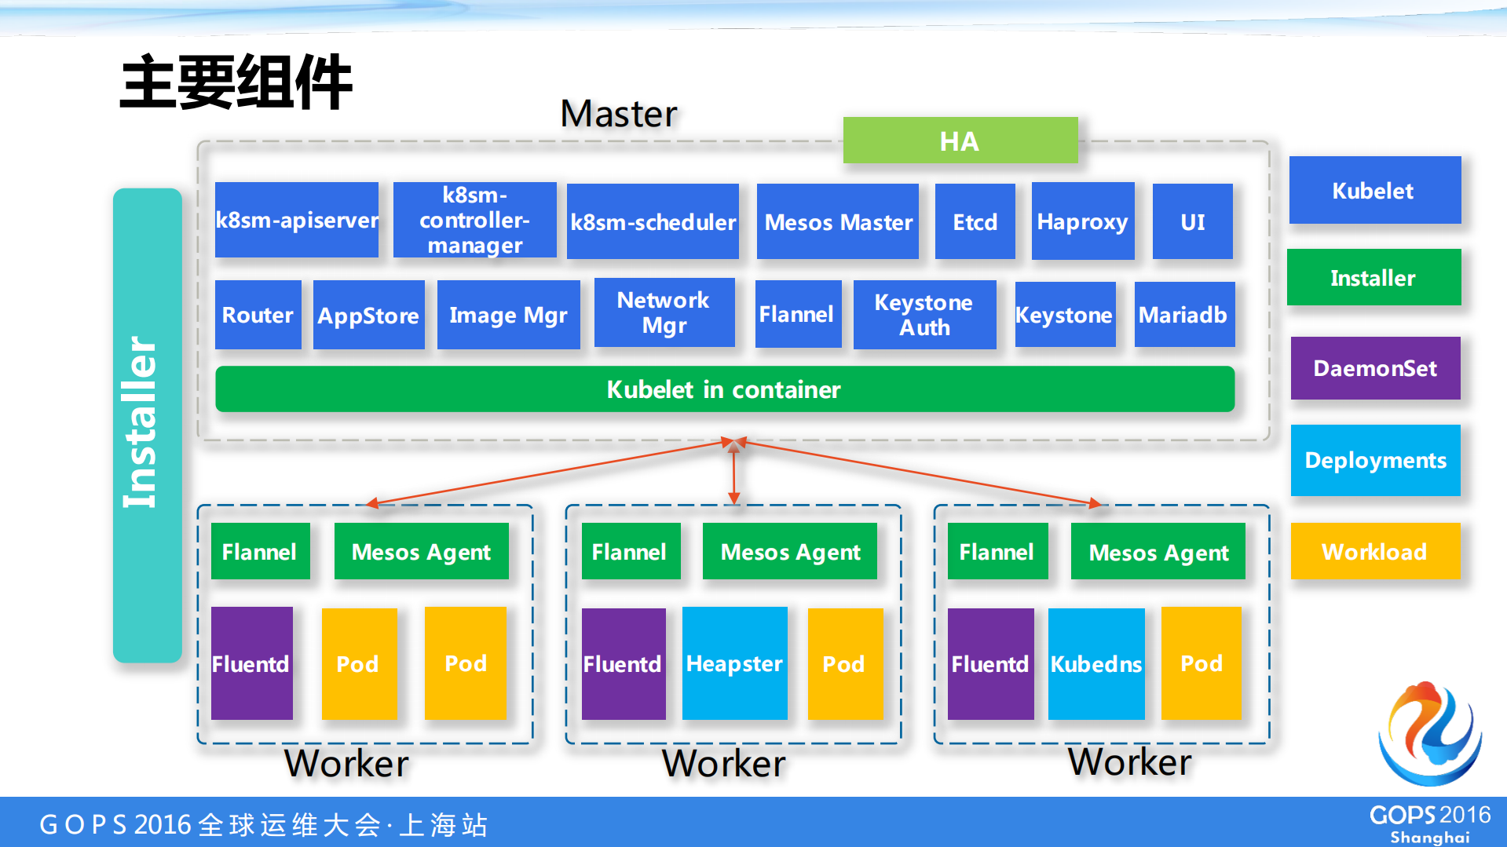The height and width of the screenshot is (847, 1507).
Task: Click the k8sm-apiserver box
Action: pyautogui.click(x=296, y=221)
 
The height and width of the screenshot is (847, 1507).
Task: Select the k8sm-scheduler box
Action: pyautogui.click(x=653, y=222)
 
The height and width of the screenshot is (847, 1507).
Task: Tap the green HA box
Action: pyautogui.click(x=960, y=141)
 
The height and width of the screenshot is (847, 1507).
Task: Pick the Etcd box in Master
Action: pyautogui.click(x=975, y=222)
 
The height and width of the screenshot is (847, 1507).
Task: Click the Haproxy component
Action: pyautogui.click(x=1082, y=222)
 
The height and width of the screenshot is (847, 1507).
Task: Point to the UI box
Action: pyautogui.click(x=1192, y=222)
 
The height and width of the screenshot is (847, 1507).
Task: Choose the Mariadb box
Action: pyautogui.click(x=1183, y=315)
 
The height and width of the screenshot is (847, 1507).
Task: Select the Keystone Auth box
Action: pyautogui.click(x=924, y=315)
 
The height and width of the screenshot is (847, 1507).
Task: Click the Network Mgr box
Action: pyautogui.click(x=664, y=312)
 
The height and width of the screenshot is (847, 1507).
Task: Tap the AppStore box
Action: pyautogui.click(x=368, y=315)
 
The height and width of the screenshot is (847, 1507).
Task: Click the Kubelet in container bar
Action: pyautogui.click(x=724, y=389)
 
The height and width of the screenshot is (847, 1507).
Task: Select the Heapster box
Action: pyautogui.click(x=734, y=663)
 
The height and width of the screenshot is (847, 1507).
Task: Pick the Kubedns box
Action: pyautogui.click(x=1096, y=663)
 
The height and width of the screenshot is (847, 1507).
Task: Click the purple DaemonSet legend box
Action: pyautogui.click(x=1375, y=368)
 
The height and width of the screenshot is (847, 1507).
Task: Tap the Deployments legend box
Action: pyautogui.click(x=1375, y=460)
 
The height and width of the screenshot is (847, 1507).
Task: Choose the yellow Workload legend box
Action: pyautogui.click(x=1375, y=551)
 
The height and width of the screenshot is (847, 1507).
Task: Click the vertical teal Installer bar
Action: pyautogui.click(x=147, y=425)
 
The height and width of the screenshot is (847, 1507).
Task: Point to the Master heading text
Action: pyautogui.click(x=618, y=114)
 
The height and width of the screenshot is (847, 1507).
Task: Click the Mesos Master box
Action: pyautogui.click(x=838, y=222)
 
